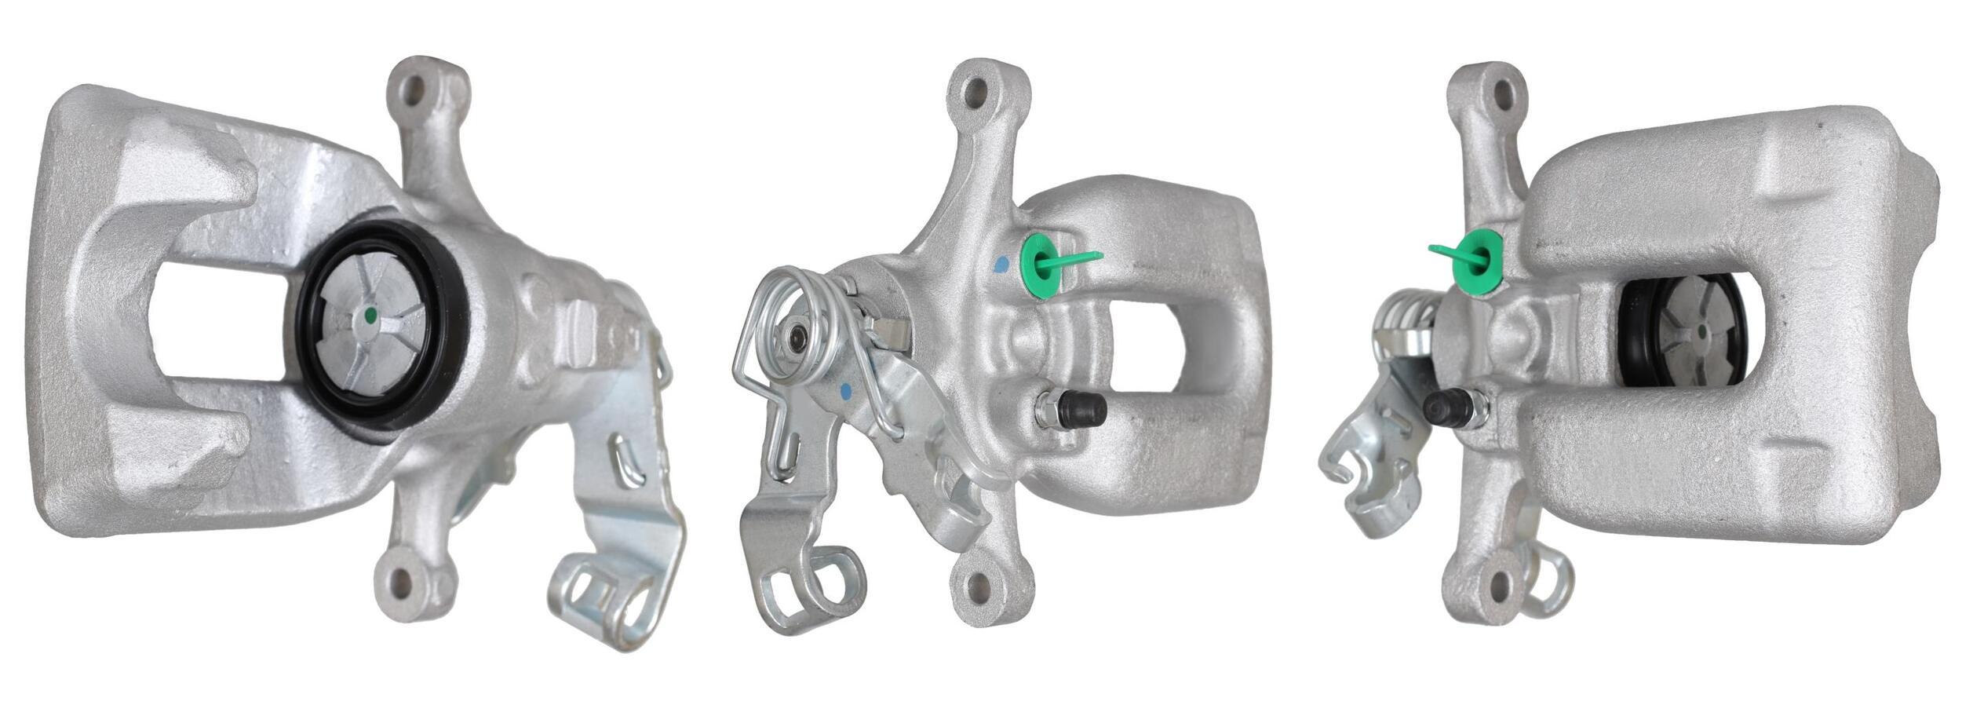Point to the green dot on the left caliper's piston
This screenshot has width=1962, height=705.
pyautogui.click(x=370, y=318)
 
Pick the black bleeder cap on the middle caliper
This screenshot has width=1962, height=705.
pyautogui.click(x=1083, y=406)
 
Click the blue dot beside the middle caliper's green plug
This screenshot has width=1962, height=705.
pyautogui.click(x=1000, y=265)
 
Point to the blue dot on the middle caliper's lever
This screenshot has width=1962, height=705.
pyautogui.click(x=846, y=389)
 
